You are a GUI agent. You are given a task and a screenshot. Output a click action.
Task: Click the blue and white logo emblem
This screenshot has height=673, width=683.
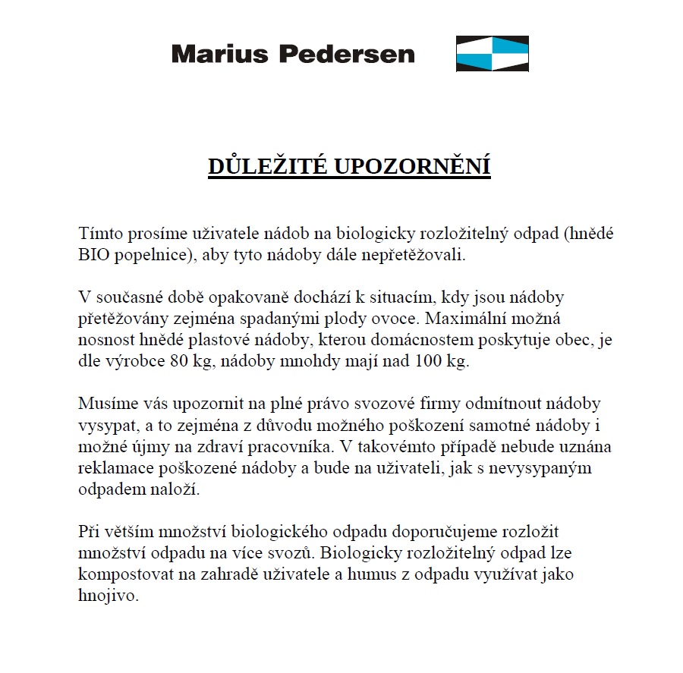[492, 54]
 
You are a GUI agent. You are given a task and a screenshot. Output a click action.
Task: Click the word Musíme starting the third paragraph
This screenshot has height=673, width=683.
[105, 404]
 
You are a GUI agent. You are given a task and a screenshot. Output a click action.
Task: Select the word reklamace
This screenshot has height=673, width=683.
[112, 467]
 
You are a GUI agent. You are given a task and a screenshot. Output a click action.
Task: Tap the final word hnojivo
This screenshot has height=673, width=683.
[109, 596]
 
